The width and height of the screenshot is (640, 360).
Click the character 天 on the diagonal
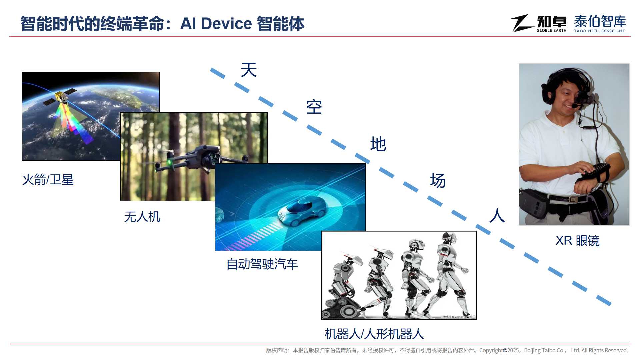(x=249, y=70)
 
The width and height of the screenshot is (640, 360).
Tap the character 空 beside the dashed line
(x=314, y=107)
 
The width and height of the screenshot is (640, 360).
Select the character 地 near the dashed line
(x=378, y=144)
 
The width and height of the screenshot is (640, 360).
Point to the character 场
(x=438, y=180)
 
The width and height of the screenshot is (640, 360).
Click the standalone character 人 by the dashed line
(x=497, y=215)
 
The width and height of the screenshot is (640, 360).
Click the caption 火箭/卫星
(x=48, y=180)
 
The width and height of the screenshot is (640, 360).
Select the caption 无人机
(x=142, y=217)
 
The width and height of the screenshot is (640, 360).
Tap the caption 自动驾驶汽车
(x=262, y=264)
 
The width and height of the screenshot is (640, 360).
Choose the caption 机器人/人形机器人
(x=374, y=334)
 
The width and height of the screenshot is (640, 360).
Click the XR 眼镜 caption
(x=577, y=240)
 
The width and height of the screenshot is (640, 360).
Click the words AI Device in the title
(x=216, y=24)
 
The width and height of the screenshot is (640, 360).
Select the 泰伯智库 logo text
(x=600, y=21)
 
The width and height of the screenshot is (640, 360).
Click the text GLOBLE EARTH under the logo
(x=551, y=30)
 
